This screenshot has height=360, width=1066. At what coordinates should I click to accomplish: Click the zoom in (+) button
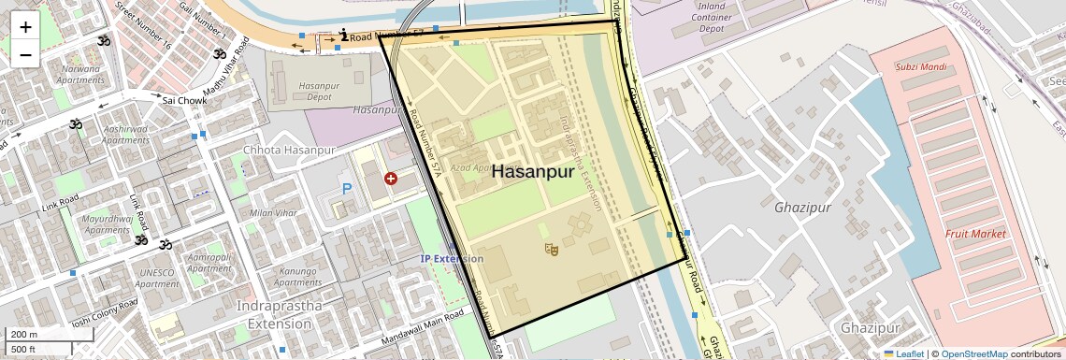pyautogui.click(x=25, y=27)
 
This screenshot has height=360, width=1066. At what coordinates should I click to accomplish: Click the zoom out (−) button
pyautogui.click(x=25, y=54)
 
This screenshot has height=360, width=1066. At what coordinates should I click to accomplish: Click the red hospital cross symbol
pyautogui.click(x=390, y=178)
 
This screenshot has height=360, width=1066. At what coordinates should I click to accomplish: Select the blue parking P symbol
pyautogui.click(x=347, y=190)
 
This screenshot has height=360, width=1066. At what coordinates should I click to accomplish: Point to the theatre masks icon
pyautogui.click(x=551, y=249)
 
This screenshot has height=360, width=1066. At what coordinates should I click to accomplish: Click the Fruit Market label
pyautogui.click(x=975, y=234)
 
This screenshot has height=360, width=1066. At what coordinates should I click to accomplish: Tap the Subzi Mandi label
pyautogui.click(x=921, y=67)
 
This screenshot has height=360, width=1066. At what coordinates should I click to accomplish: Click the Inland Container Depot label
pyautogui.click(x=725, y=17)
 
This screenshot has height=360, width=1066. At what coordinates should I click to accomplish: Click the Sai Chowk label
pyautogui.click(x=183, y=100)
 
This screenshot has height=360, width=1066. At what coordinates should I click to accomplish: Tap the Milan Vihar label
pyautogui.click(x=273, y=213)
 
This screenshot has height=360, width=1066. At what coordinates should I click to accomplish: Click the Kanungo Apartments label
pyautogui.click(x=298, y=277)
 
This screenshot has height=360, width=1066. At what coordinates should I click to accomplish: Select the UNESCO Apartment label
pyautogui.click(x=156, y=278)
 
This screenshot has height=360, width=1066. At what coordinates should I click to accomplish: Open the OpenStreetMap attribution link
pyautogui.click(x=974, y=353)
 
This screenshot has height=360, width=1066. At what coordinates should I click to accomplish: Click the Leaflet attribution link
pyautogui.click(x=902, y=353)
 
